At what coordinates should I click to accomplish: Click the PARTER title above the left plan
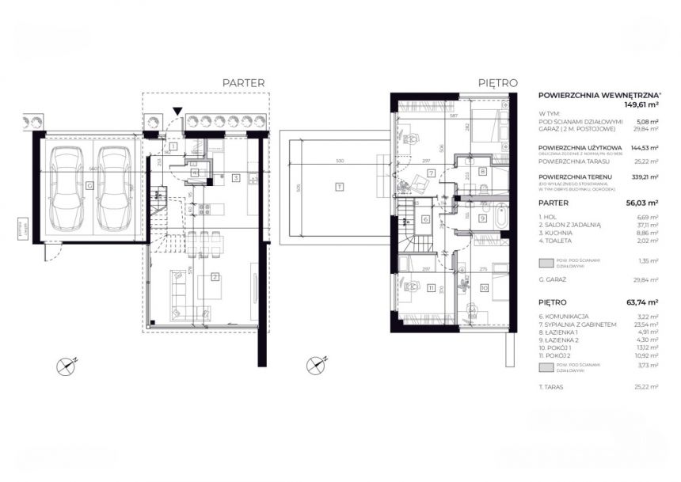243,82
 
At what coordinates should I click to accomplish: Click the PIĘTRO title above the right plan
497,82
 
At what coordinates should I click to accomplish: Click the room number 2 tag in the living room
215,276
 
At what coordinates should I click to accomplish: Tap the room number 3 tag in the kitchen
235,178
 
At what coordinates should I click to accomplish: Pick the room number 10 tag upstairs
484,288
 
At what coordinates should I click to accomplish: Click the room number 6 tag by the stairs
425,220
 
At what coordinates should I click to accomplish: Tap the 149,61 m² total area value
644,104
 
